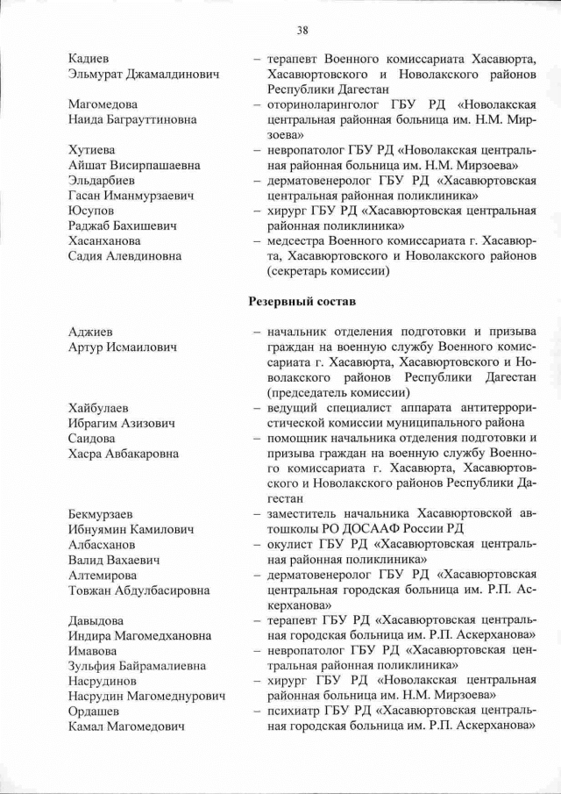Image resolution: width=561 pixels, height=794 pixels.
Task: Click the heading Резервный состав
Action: [x=304, y=302]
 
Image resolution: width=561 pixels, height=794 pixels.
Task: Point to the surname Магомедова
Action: [x=103, y=104]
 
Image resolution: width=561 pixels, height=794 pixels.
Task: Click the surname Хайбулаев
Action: [x=98, y=408]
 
